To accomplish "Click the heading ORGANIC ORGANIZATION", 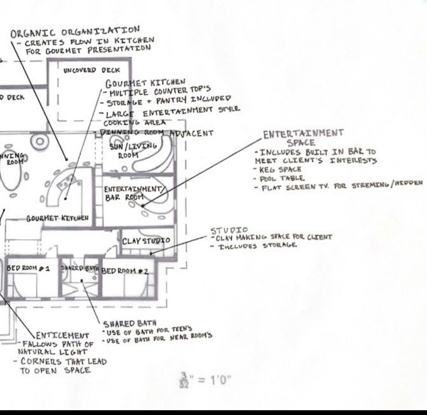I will click(75, 32).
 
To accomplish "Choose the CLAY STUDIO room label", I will click(146, 241).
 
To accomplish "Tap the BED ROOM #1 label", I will click(28, 268).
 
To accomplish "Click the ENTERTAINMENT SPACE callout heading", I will click(303, 137).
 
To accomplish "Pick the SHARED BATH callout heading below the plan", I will click(130, 323).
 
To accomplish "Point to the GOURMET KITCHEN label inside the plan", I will click(58, 218).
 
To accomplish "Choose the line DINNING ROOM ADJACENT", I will click(154, 133).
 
